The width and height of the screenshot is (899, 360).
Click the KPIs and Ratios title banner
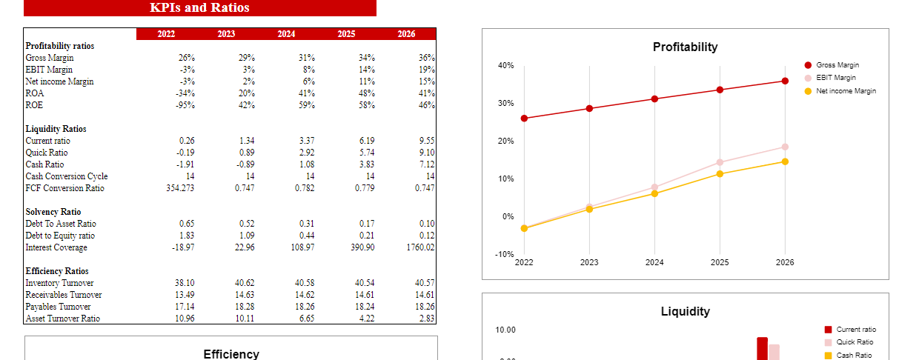[x=199, y=8]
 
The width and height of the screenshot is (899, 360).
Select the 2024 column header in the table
[x=286, y=34]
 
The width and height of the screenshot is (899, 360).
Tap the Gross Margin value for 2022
[x=187, y=58]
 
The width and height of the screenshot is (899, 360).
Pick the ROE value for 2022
[x=185, y=105]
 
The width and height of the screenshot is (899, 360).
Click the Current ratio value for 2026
[x=426, y=141]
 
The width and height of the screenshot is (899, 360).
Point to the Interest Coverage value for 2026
[x=420, y=247]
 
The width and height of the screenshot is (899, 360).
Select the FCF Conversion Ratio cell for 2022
[x=181, y=188]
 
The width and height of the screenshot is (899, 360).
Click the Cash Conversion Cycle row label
[x=67, y=176]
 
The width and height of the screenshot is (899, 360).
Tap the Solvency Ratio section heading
[x=53, y=212]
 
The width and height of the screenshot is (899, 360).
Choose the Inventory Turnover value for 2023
[x=244, y=283]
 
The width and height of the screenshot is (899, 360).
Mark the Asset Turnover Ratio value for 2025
[x=365, y=319]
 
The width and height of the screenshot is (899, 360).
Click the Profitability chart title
[x=685, y=47]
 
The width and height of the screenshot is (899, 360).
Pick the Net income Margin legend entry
[x=846, y=91]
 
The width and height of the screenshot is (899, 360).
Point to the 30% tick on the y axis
[x=507, y=104]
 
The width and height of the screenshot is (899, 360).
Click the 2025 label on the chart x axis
[x=720, y=262]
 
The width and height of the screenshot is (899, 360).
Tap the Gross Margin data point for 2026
[x=785, y=81]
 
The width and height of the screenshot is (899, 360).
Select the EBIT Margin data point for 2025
[x=720, y=163]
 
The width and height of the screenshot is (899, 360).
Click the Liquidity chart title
[x=685, y=312]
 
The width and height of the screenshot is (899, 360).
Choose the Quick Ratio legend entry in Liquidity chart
[x=855, y=342]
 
